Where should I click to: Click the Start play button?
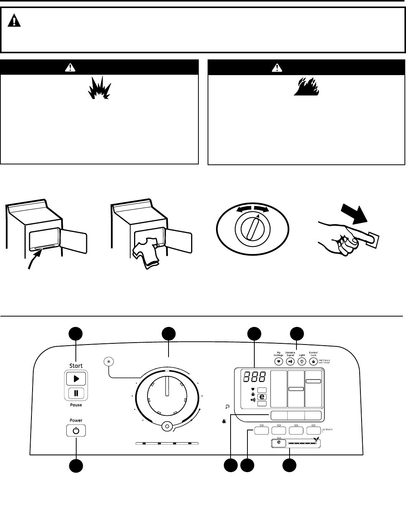pyautogui.click(x=76, y=379)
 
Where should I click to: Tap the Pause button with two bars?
pyautogui.click(x=76, y=393)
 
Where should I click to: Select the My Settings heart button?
pyautogui.click(x=278, y=361)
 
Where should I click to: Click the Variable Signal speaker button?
pyautogui.click(x=290, y=361)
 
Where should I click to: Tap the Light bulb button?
pyautogui.click(x=302, y=361)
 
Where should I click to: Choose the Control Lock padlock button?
pyautogui.click(x=313, y=361)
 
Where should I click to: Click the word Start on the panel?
pyautogui.click(x=76, y=366)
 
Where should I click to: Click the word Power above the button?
pyautogui.click(x=76, y=420)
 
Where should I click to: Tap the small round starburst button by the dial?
pyautogui.click(x=109, y=361)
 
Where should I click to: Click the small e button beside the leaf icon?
pyautogui.click(x=279, y=443)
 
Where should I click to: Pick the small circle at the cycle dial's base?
pyautogui.click(x=167, y=426)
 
